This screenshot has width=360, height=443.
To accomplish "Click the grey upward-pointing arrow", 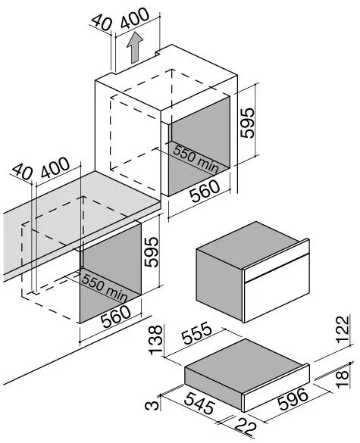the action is click(x=135, y=47).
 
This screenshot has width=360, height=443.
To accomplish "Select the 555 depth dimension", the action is click(x=197, y=333).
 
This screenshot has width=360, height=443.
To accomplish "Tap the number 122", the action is click(x=343, y=329).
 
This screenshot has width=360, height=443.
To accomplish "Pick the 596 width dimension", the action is click(x=293, y=399).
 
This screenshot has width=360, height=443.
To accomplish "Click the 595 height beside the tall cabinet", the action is click(x=247, y=123).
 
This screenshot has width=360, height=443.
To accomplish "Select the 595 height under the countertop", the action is click(x=151, y=251).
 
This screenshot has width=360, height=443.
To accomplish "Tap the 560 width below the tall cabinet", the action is click(x=205, y=191).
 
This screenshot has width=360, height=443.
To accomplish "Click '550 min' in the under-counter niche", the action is click(x=105, y=287).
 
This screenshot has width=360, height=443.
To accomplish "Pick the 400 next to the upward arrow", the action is click(x=134, y=18).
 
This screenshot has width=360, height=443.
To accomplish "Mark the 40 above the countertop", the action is click(x=23, y=172).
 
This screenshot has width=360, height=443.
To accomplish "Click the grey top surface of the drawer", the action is click(x=246, y=362).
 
